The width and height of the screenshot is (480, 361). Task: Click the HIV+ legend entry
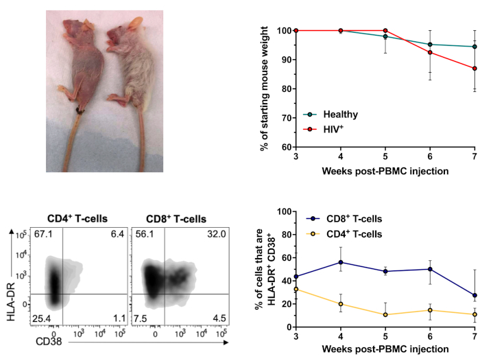tap(328, 128)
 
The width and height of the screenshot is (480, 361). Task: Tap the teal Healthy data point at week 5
tap(385, 36)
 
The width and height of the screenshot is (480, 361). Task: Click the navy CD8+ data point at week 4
tap(340, 262)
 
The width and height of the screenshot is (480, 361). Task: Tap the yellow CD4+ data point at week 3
tap(295, 289)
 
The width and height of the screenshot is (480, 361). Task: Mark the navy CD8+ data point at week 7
tap(475, 295)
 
